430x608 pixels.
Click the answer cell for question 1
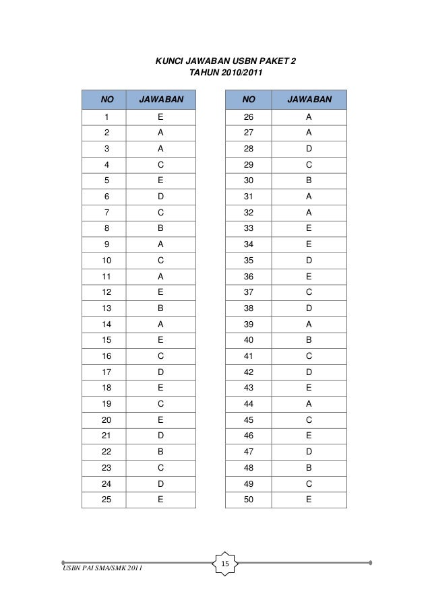160,116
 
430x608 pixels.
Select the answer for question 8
160,228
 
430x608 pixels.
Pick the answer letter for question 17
160,372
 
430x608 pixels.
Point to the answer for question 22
160,452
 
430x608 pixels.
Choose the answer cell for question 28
309,149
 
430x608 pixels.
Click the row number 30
249,180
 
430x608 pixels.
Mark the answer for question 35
309,261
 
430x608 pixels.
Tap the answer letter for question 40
309,341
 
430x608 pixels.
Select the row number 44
249,405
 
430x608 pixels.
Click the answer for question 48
309,469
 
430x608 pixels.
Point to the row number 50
249,500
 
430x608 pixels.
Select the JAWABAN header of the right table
309,100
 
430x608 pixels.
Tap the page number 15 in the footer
225,563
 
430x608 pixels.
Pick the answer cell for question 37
309,292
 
